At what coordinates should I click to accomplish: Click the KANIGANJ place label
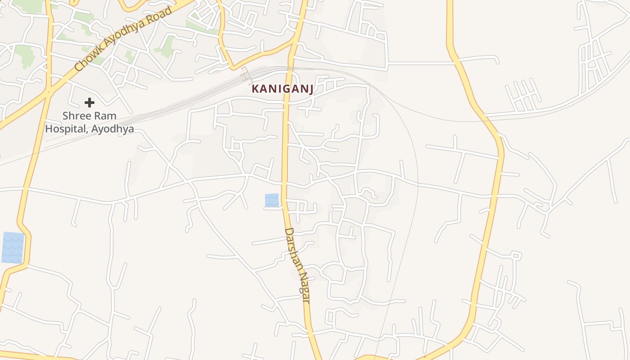[282, 89]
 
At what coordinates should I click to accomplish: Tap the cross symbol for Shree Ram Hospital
[90, 103]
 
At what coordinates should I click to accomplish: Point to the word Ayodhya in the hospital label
[112, 129]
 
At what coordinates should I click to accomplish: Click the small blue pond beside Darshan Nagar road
[272, 200]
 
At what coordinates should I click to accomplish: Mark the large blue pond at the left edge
[13, 247]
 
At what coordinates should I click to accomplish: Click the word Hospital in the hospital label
[66, 129]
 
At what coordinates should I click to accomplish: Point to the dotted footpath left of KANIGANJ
[246, 75]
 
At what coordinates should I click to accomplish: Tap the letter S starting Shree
[65, 116]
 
